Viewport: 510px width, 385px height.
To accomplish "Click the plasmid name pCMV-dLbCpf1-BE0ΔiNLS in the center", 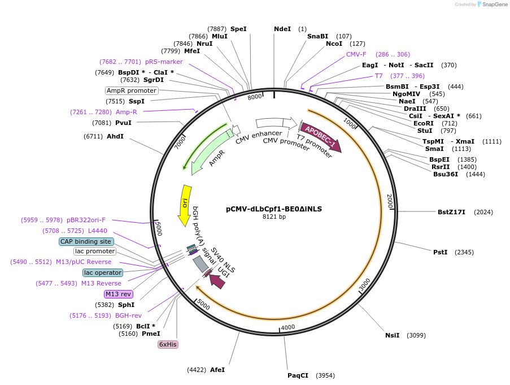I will click(x=274, y=209).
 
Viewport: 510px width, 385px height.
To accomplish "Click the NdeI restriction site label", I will click(x=282, y=29).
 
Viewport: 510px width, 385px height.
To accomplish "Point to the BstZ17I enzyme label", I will click(x=451, y=212).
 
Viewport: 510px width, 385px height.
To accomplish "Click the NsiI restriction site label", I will click(x=392, y=335).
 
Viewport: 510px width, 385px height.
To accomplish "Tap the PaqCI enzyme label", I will click(x=298, y=375).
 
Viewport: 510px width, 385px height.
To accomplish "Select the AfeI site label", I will click(x=217, y=370).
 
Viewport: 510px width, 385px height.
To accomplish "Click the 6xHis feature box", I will click(x=168, y=344).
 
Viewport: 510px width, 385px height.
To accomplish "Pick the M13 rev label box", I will click(x=118, y=294).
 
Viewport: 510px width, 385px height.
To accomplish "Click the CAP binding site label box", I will click(x=86, y=241).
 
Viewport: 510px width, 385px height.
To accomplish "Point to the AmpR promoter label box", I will click(x=132, y=90).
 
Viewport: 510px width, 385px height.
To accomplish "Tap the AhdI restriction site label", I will click(x=115, y=136).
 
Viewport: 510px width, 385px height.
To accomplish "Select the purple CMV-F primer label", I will click(x=356, y=54).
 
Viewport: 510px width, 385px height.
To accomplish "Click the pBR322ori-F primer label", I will click(x=86, y=220).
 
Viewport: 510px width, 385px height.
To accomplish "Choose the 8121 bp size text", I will click(x=274, y=217).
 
